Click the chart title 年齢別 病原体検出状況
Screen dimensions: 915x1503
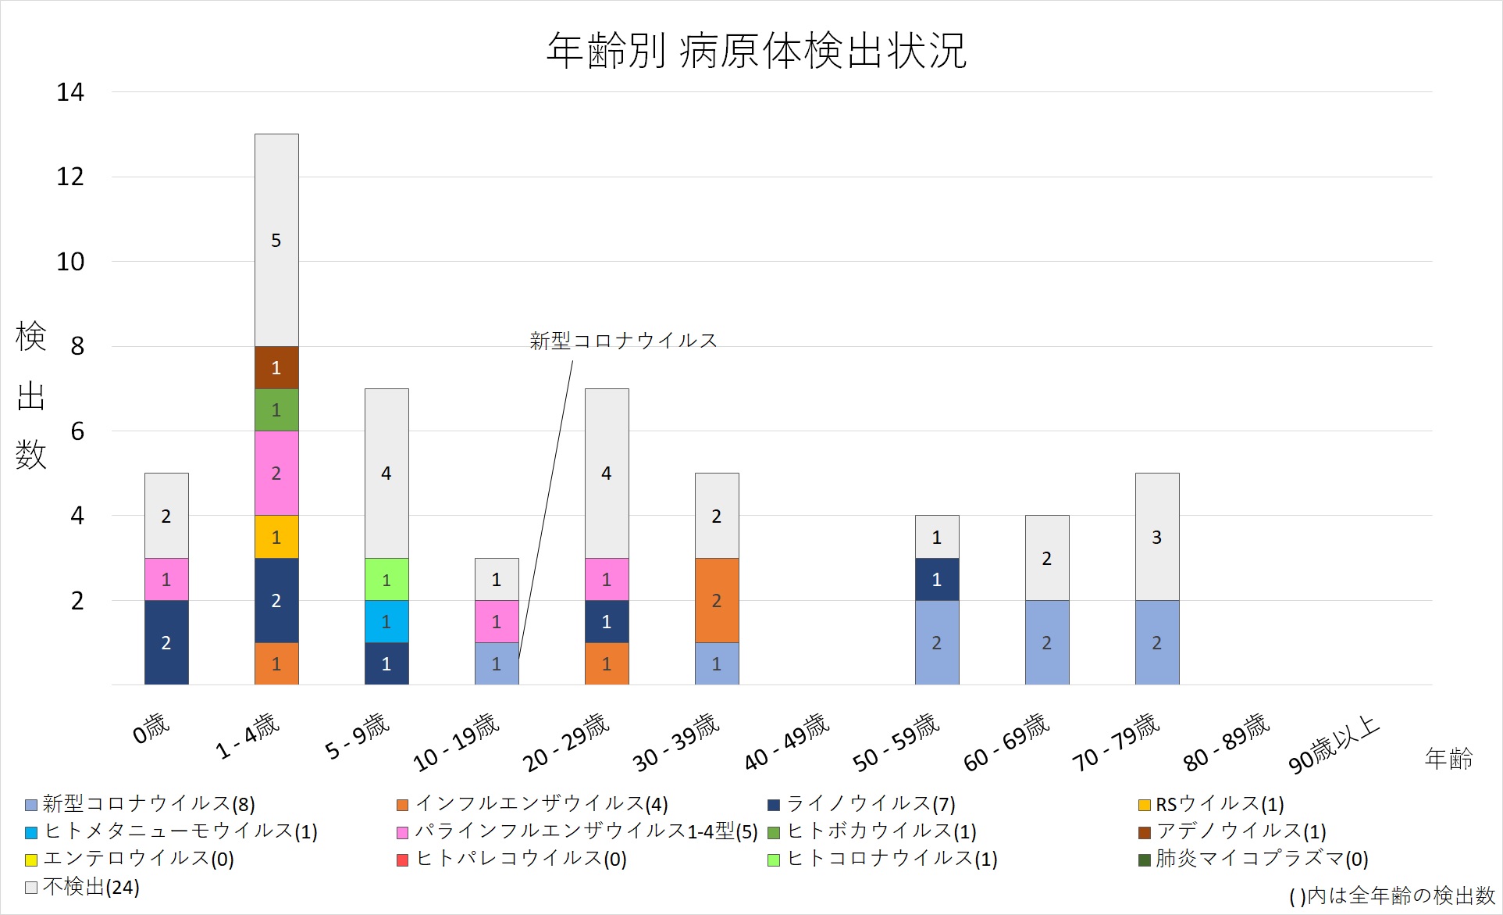coord(756,52)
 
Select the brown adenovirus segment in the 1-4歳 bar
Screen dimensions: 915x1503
coord(276,367)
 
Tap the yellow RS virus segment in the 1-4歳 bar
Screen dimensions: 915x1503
coord(276,537)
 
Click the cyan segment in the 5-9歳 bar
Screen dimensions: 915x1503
coord(386,621)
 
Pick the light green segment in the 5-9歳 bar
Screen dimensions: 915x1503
coord(386,579)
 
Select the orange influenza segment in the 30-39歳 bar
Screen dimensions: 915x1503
coord(717,600)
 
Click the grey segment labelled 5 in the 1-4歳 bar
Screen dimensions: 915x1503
coord(276,240)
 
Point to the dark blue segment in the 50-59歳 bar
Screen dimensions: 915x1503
coord(937,579)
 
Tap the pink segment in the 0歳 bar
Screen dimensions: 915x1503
coord(166,579)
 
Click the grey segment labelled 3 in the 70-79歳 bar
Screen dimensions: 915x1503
coord(1157,537)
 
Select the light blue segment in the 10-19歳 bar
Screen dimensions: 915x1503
coord(497,663)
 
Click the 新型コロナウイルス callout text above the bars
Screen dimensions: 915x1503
coord(623,341)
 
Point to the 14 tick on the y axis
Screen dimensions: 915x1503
coord(70,92)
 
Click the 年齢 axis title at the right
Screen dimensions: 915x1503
coord(1448,758)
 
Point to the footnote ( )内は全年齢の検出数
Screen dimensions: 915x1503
coord(1391,895)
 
